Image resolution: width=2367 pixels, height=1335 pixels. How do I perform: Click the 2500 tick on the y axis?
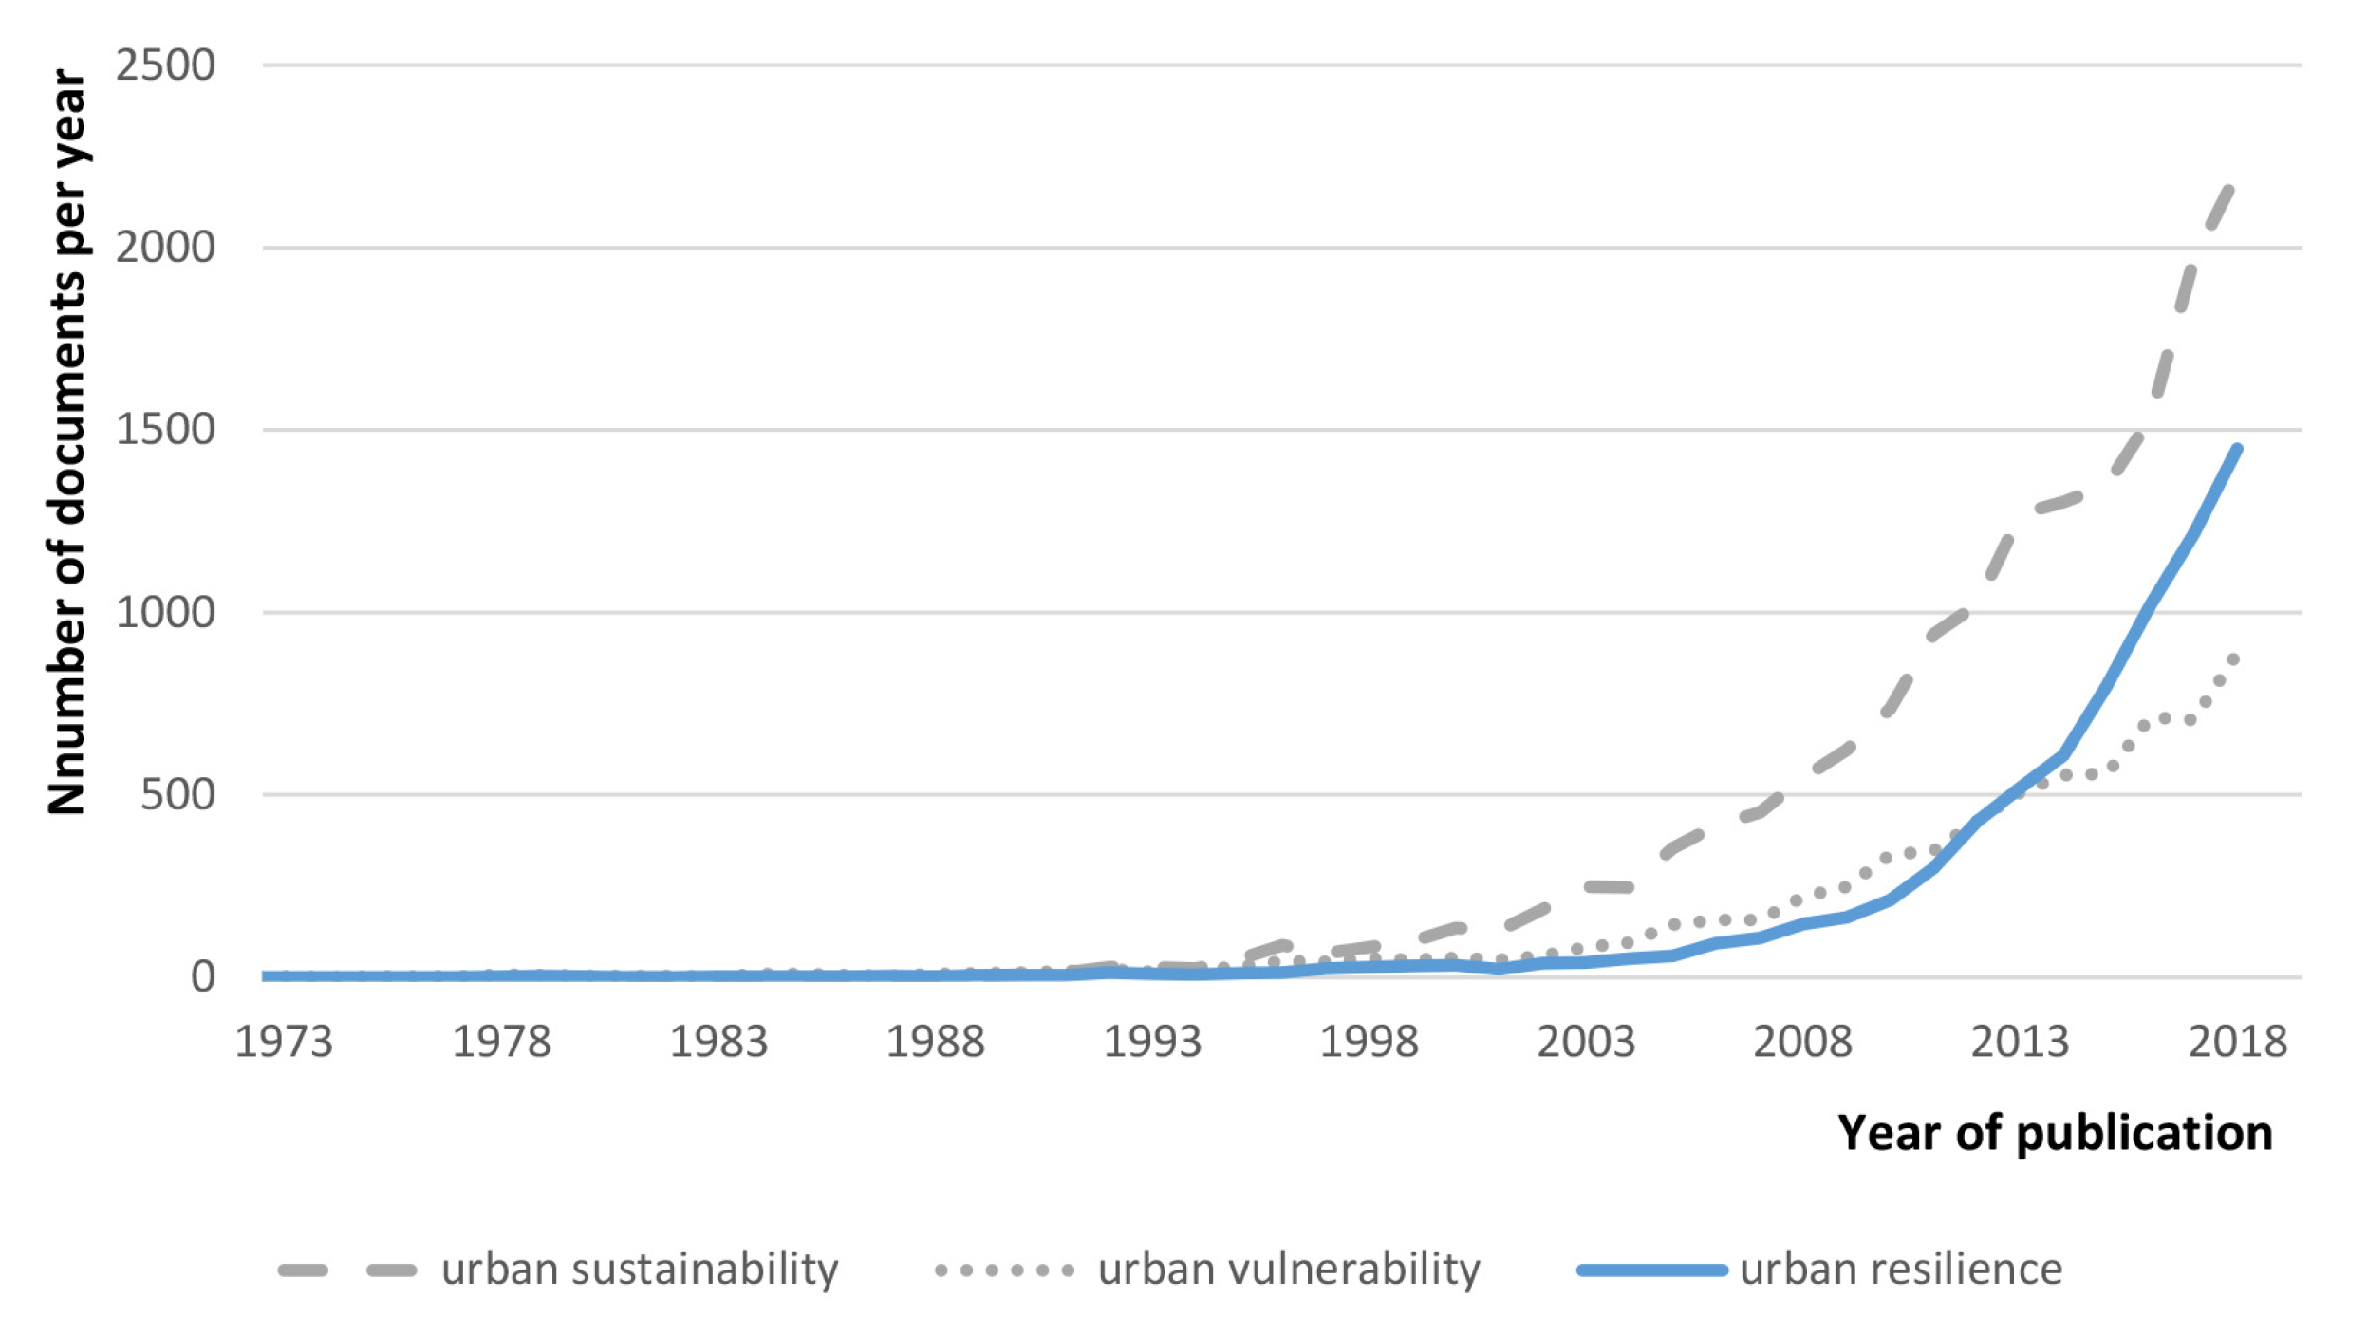click(x=165, y=65)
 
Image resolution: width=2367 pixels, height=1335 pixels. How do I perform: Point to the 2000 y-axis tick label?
click(x=165, y=248)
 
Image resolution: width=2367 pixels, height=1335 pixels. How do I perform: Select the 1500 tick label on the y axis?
click(x=165, y=430)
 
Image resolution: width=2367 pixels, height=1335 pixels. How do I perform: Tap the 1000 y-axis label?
click(x=165, y=612)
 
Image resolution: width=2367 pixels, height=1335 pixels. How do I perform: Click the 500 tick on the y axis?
click(x=177, y=794)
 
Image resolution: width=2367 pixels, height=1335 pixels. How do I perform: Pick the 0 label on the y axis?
click(x=202, y=976)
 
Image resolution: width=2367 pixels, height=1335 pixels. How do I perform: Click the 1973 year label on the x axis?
click(x=283, y=1042)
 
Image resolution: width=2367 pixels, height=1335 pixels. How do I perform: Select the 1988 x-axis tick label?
click(x=935, y=1042)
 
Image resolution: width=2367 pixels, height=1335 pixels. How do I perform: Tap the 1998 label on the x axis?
click(x=1369, y=1042)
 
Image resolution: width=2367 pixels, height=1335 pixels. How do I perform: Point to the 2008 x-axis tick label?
click(x=1802, y=1042)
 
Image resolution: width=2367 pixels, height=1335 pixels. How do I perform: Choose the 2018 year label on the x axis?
click(x=2238, y=1042)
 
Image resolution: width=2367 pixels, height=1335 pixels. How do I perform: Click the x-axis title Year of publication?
click(x=2055, y=1133)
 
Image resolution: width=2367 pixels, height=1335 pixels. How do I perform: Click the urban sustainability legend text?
click(x=640, y=1270)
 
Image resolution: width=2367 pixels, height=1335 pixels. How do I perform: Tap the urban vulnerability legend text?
click(x=1289, y=1270)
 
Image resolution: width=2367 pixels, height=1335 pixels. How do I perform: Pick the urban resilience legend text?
click(x=1901, y=1270)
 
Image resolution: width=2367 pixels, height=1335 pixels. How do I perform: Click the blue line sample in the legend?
click(x=1651, y=1270)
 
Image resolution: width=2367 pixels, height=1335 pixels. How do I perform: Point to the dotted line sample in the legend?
click(x=1004, y=1270)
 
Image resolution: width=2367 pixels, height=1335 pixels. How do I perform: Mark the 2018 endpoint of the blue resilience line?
click(x=2238, y=449)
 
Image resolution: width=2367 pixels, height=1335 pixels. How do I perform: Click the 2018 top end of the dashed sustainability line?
click(x=2229, y=190)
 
